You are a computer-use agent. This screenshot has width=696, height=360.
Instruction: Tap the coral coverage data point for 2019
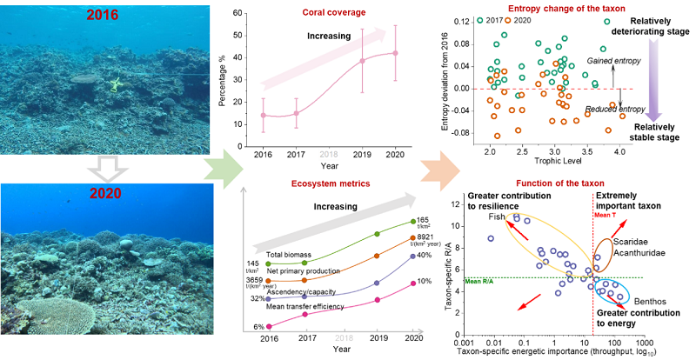pyautogui.click(x=363, y=61)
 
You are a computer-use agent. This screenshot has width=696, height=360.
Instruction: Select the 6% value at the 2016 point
pyautogui.click(x=248, y=325)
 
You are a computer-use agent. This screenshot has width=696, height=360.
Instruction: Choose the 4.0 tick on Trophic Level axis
pyautogui.click(x=619, y=150)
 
